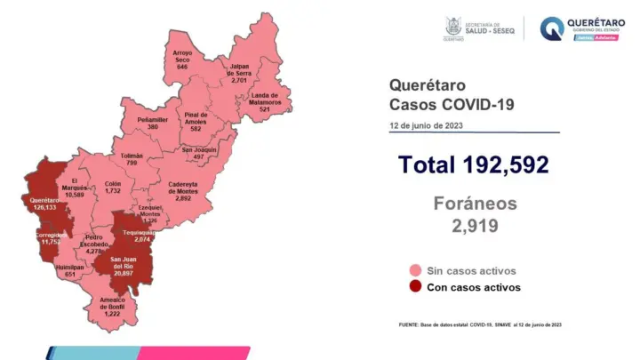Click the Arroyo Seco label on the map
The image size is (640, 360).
coord(182,60)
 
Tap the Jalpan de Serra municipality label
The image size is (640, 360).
coord(239,72)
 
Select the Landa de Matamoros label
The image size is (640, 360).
coord(265,102)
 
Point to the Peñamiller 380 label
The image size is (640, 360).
coord(153,123)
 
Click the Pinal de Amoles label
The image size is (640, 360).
coord(196,121)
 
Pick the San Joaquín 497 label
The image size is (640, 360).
coord(198,153)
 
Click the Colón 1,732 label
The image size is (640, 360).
coord(112,188)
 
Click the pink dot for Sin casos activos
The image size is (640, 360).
coord(415,270)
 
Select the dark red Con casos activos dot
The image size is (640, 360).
coord(415,287)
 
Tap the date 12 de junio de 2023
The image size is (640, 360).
coord(424,124)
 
